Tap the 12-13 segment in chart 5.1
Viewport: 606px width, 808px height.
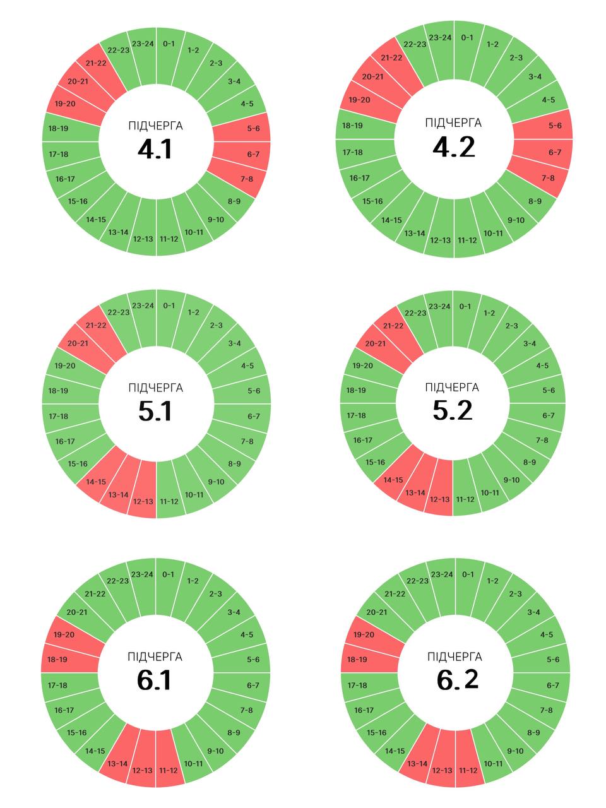coord(143,500)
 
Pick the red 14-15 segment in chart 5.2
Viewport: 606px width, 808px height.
coord(393,480)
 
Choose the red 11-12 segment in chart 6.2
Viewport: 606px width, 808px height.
coord(468,769)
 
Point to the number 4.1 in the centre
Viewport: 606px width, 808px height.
coord(155,150)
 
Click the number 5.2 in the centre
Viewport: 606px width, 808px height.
coord(453,411)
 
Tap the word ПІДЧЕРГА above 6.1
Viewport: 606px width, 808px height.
coord(155,657)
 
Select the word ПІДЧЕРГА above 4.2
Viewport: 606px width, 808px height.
coord(453,123)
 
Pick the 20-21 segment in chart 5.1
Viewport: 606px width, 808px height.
coord(78,343)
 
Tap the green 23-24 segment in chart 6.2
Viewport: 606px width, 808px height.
coord(442,575)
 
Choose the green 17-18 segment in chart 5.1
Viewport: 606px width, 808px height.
coord(59,416)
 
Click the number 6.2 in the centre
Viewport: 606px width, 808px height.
coord(457,679)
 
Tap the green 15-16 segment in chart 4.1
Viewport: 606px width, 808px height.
coord(78,201)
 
